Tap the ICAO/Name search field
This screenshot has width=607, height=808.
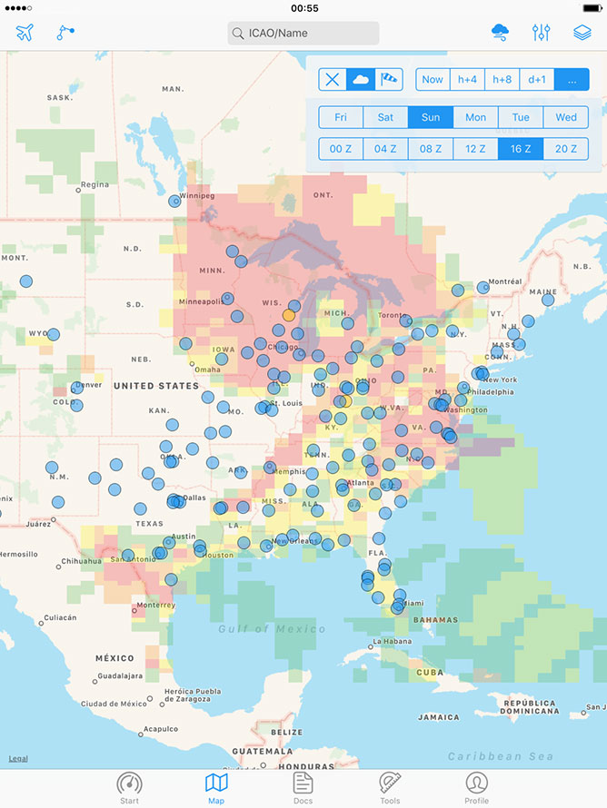coord(303,34)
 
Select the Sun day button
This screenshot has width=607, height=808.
coord(431,117)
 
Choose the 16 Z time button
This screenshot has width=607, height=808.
coord(521,149)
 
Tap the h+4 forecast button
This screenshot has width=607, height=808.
coord(467,79)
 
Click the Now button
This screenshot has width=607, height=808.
coord(433,79)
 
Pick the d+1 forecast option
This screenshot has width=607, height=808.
coord(537,79)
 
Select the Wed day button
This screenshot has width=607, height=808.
coord(566,117)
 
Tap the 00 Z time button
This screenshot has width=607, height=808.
coord(341,149)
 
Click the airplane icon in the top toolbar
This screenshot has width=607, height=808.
coord(25,33)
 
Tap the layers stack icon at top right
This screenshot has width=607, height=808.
coord(582,33)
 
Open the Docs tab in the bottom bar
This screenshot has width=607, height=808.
coord(303,787)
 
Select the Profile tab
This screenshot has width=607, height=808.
coord(476,787)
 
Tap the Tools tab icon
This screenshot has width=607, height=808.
coord(390,787)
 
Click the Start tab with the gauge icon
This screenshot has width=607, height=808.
coord(130,787)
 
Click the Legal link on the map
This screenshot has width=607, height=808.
coord(18,759)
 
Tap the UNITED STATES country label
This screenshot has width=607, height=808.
coord(156,386)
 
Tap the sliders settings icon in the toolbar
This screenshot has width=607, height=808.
coord(541,33)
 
